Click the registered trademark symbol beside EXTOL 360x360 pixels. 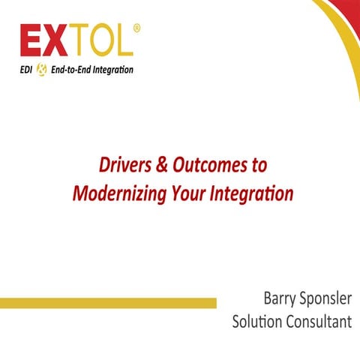(x=136, y=28)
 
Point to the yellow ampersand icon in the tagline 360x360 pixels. (x=41, y=70)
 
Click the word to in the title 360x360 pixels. (x=257, y=164)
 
